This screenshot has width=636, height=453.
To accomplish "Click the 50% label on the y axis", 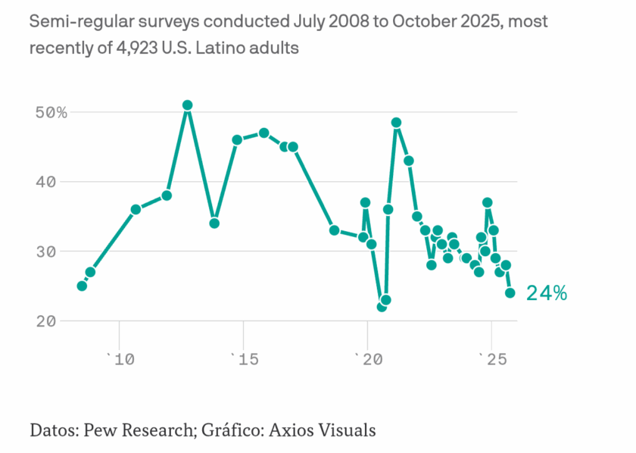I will (x=51, y=112).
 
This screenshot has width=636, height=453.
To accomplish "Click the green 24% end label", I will (x=546, y=293).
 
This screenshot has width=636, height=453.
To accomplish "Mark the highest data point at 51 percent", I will (x=187, y=105).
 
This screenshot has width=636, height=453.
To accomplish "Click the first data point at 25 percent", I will (x=82, y=286).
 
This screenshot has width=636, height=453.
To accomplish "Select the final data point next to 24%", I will (x=510, y=292).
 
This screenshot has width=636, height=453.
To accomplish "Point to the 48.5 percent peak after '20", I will (x=396, y=123).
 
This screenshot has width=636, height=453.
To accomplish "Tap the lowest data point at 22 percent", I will (x=382, y=306).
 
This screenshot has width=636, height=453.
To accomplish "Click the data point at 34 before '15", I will (x=214, y=223).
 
